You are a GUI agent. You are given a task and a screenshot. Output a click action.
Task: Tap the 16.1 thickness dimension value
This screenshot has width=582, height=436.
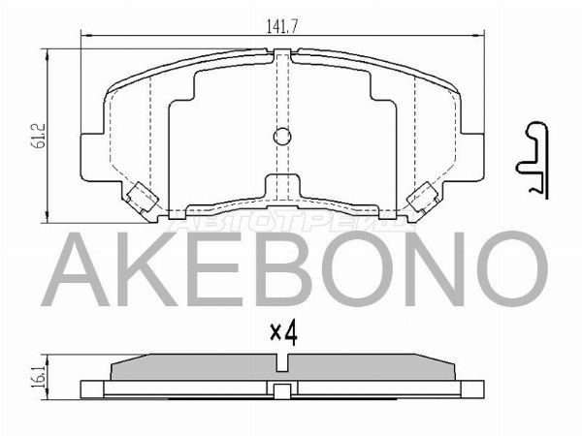pos(38,373)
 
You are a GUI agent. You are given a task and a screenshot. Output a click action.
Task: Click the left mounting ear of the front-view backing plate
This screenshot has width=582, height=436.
pos(90,155)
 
